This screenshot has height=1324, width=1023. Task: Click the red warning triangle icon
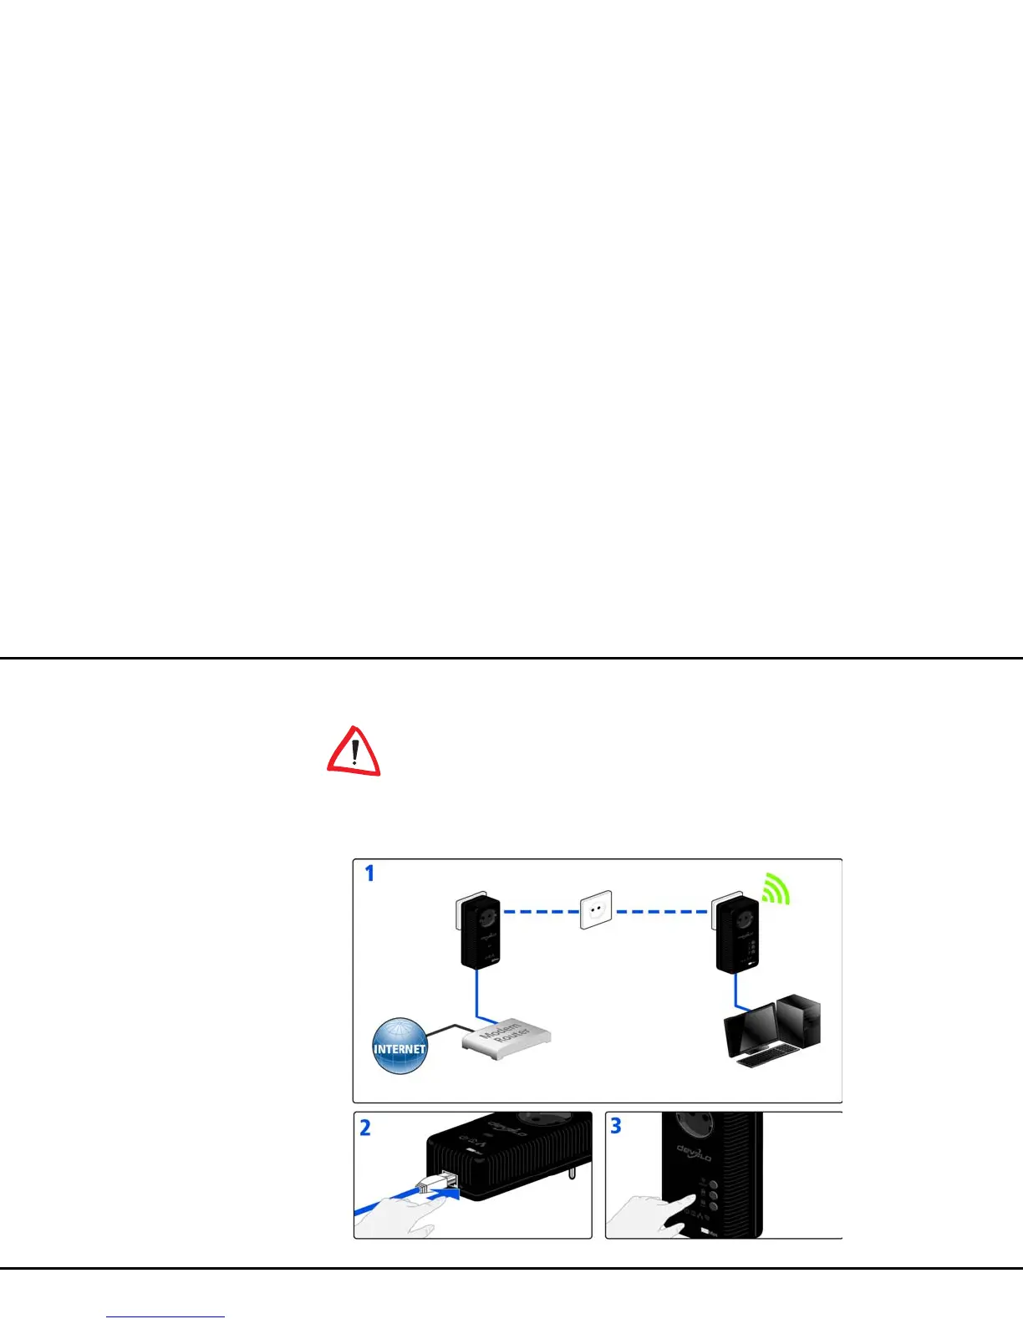coord(354,751)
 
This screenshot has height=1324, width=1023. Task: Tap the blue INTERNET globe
coord(400,1046)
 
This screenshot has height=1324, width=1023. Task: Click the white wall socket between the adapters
coord(596,909)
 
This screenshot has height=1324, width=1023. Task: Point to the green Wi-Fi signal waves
coord(776,889)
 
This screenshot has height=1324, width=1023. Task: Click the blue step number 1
coord(369,873)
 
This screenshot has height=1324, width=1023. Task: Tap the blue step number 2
coord(365,1128)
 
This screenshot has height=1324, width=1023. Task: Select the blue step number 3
coord(616,1126)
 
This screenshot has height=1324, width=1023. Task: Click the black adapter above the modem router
coord(480,933)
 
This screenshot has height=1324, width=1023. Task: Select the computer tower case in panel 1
coord(799,1020)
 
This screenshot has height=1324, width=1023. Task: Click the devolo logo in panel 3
coord(694,1153)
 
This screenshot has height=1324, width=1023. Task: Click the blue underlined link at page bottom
coord(165,1316)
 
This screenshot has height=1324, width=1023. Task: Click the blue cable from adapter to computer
coord(736,993)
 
